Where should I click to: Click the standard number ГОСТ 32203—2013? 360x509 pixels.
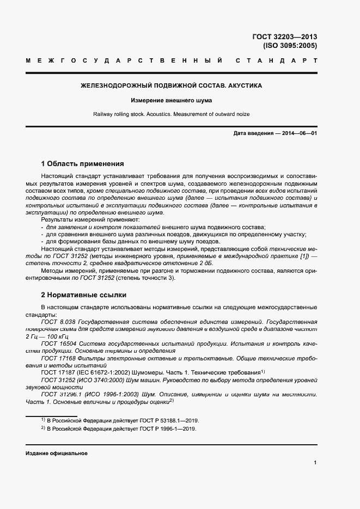pyautogui.click(x=284, y=37)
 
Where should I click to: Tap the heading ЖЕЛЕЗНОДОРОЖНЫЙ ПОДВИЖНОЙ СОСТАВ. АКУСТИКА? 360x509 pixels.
pyautogui.click(x=171, y=86)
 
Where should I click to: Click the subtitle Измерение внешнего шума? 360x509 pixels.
pyautogui.click(x=171, y=101)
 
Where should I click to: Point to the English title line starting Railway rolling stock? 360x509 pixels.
pyautogui.click(x=171, y=114)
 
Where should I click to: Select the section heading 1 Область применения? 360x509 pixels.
pyautogui.click(x=82, y=163)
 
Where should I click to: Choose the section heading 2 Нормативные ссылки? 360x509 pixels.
pyautogui.click(x=83, y=295)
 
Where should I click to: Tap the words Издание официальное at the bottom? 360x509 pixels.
pyautogui.click(x=57, y=453)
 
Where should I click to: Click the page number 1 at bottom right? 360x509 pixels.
pyautogui.click(x=315, y=463)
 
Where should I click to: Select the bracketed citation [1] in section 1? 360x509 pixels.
pyautogui.click(x=298, y=255)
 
